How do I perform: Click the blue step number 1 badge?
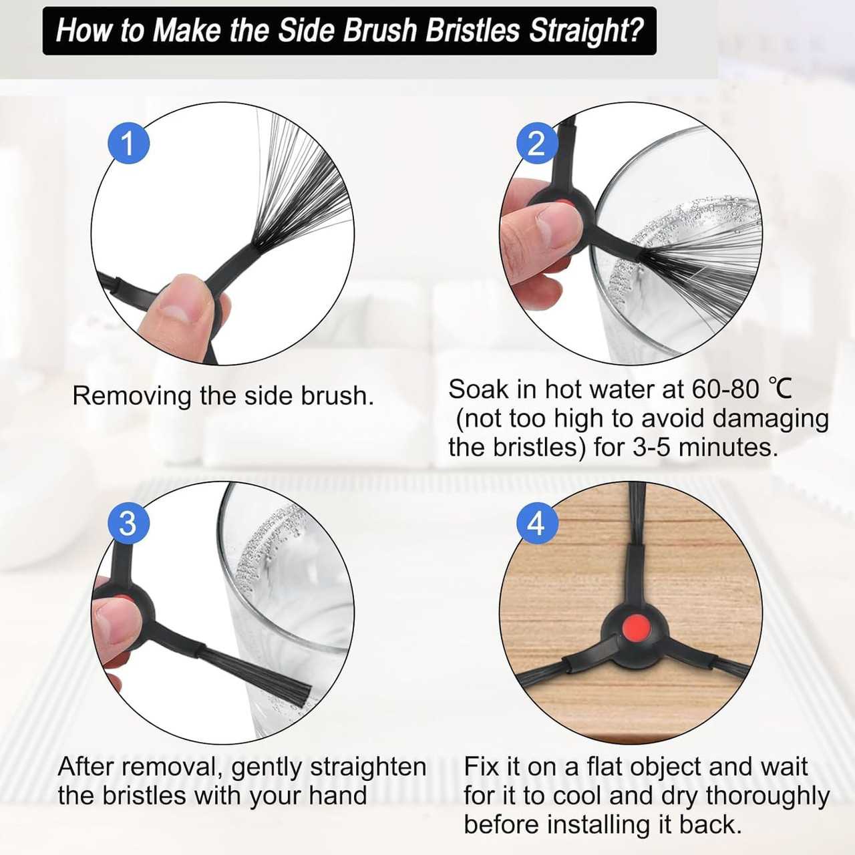(x=129, y=144)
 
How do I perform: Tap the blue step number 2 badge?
(x=537, y=144)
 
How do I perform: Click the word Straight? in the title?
(x=586, y=31)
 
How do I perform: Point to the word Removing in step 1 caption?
(x=132, y=397)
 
